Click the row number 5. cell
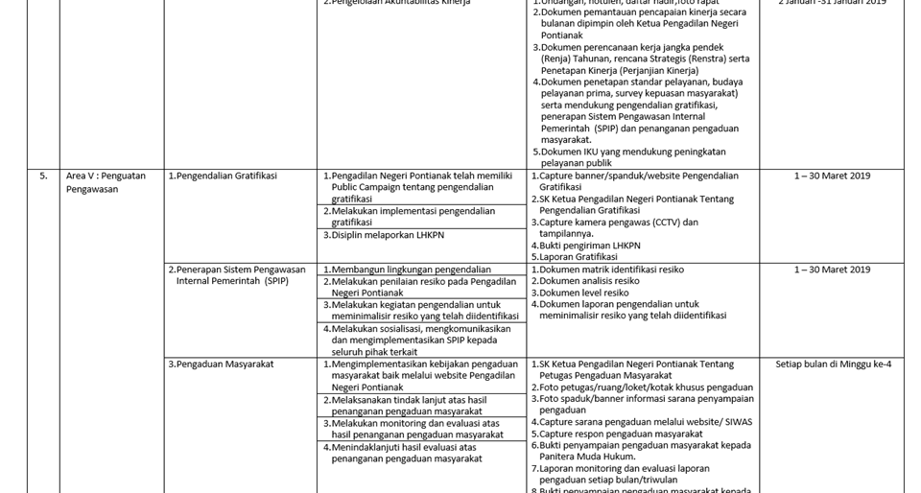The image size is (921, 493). (43, 176)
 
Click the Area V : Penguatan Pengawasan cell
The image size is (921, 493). (106, 182)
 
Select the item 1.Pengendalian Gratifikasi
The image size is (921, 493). (223, 176)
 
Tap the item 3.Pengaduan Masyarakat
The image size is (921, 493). (221, 364)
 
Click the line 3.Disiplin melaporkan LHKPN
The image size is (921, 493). (384, 235)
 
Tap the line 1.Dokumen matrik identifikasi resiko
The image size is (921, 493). (607, 270)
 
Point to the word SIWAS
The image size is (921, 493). (739, 422)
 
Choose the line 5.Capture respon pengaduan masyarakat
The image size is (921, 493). (621, 434)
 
